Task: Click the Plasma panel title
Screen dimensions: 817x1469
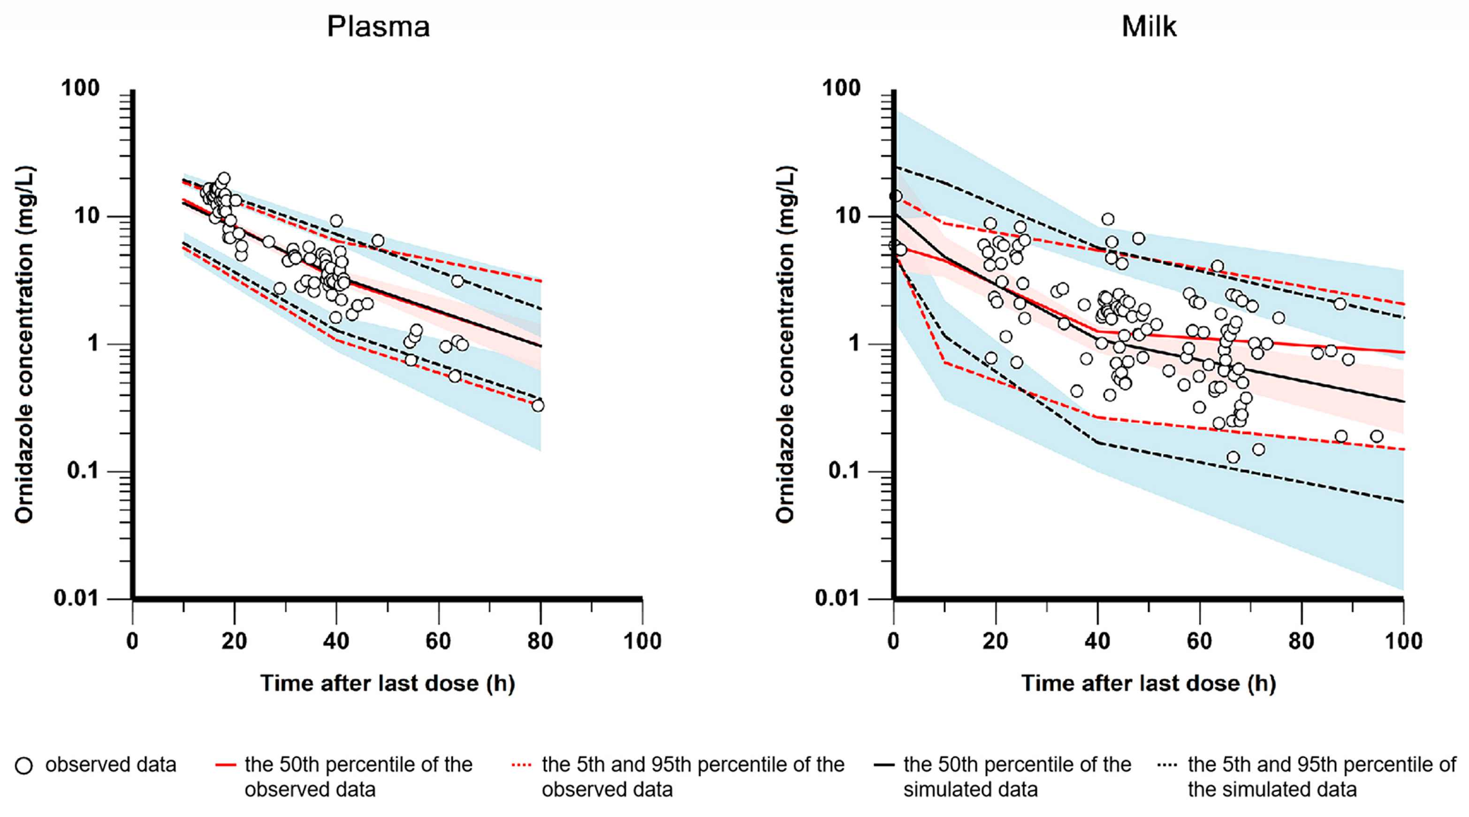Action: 378,27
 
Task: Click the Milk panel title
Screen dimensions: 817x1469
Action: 1149,27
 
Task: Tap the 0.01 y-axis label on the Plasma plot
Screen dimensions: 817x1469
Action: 76,598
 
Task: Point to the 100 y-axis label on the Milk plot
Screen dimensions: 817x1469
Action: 841,88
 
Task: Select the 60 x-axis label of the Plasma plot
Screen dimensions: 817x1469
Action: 438,641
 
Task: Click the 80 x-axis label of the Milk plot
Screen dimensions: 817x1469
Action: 1302,641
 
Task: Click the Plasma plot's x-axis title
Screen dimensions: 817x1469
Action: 388,683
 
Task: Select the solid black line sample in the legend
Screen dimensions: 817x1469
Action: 884,764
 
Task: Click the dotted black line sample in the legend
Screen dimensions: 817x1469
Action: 1168,764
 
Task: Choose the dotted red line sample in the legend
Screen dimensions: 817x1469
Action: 522,764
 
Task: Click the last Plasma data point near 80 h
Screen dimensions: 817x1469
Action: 537,405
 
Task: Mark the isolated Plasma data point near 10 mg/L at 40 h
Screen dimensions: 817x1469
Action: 336,221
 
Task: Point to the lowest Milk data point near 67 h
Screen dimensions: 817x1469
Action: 1233,457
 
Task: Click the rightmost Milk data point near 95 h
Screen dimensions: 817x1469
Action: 1376,436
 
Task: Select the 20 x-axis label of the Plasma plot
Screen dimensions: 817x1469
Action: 234,641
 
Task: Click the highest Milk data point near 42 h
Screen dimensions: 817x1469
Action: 1107,219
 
